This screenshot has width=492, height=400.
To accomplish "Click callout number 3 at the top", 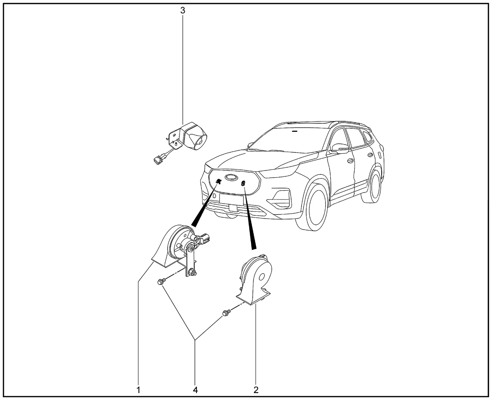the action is click(x=183, y=10).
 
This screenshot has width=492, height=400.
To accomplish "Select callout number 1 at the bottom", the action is click(x=138, y=390).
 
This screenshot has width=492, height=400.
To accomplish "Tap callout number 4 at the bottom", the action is click(x=195, y=390).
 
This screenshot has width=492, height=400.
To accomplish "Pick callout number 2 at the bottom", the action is click(x=256, y=390).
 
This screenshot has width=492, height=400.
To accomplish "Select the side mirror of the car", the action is click(x=339, y=149).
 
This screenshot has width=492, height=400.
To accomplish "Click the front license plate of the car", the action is click(x=231, y=199).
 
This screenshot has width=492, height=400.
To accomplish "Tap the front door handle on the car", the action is click(x=351, y=161).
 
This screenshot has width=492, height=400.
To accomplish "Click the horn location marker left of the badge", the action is click(x=218, y=181).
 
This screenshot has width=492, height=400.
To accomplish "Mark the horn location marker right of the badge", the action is click(x=243, y=184).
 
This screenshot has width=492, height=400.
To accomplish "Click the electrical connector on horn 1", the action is click(x=204, y=239).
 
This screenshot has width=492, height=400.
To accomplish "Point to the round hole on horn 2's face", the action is click(x=261, y=277).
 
